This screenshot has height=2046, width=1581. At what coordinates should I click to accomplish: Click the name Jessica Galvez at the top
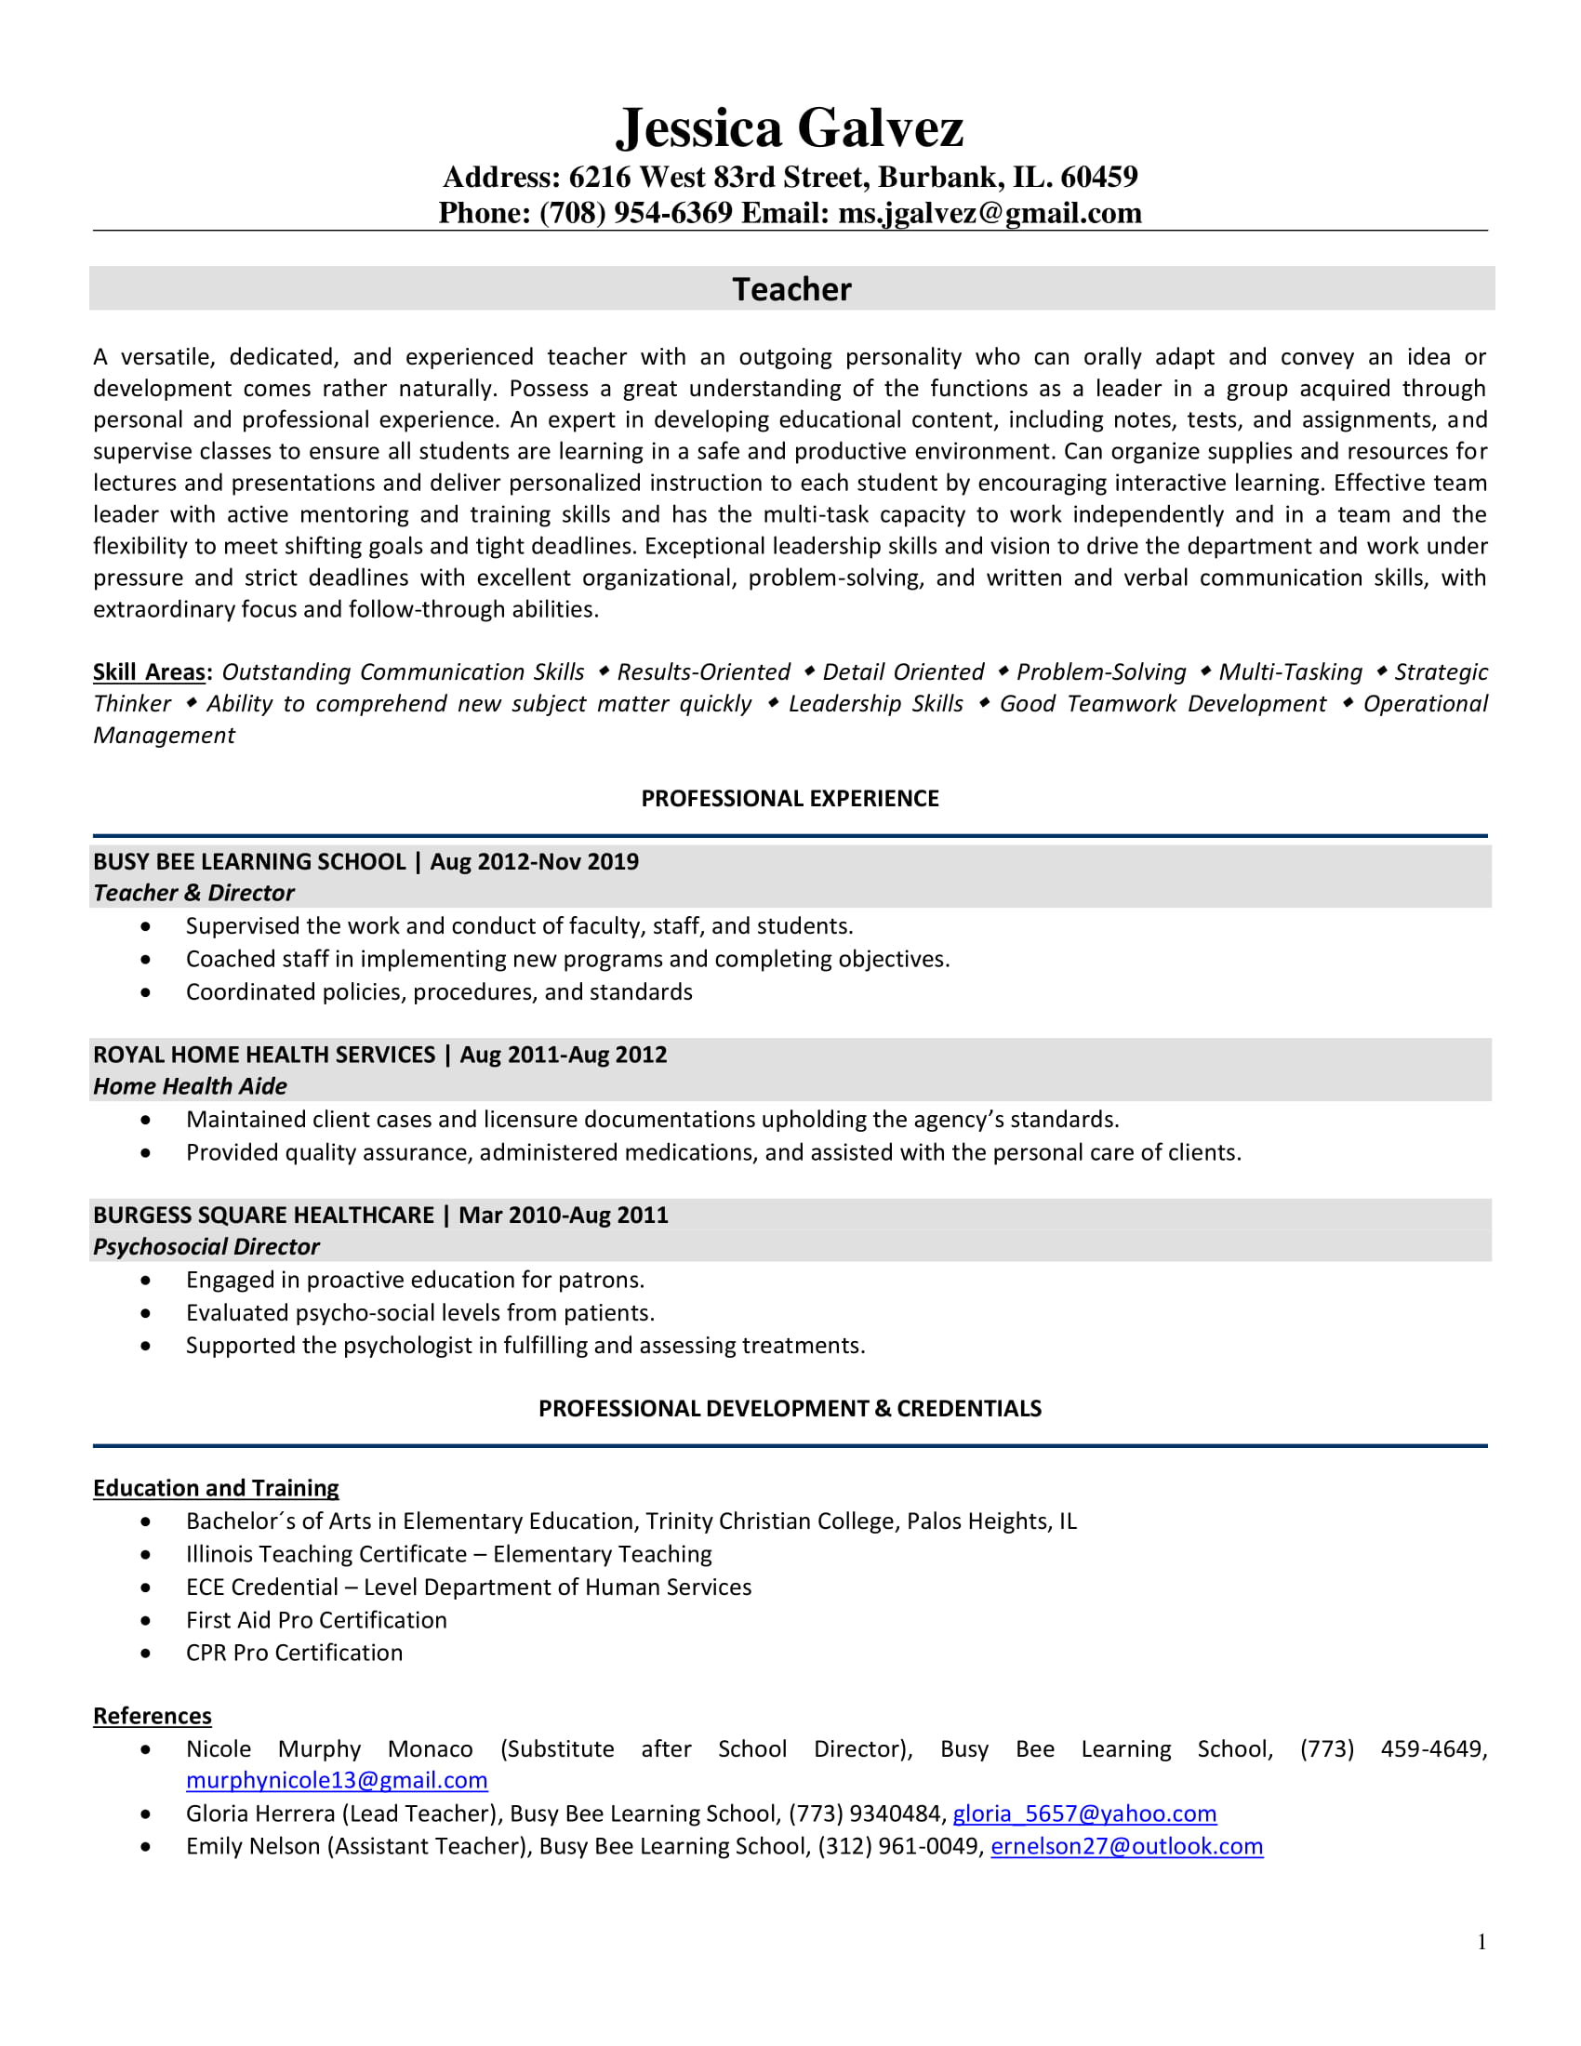(x=789, y=128)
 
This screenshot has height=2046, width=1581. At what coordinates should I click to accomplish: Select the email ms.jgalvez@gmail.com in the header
(x=990, y=214)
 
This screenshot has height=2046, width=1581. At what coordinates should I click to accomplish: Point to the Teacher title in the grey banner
(x=791, y=289)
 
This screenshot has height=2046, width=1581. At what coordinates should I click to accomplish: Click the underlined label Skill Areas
(x=149, y=671)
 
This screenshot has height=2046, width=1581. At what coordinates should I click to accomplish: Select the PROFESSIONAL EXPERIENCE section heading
(x=790, y=798)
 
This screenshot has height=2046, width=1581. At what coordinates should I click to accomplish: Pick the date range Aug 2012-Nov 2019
(x=534, y=862)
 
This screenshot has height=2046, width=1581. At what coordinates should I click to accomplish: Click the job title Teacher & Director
(x=193, y=893)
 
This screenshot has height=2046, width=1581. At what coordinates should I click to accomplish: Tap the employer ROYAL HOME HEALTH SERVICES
(x=263, y=1055)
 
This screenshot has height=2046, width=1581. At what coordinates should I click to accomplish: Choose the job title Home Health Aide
(x=189, y=1086)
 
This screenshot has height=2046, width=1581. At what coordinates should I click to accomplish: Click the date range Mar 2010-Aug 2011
(x=563, y=1216)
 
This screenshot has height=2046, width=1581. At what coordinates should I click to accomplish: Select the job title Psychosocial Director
(x=206, y=1247)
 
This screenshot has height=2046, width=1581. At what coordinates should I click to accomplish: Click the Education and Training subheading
(x=216, y=1489)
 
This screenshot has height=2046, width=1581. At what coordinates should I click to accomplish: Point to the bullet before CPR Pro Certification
(x=145, y=1654)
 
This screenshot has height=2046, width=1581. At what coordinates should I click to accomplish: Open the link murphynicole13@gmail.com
(x=337, y=1781)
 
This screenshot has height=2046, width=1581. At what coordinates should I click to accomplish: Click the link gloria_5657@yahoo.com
(x=1083, y=1813)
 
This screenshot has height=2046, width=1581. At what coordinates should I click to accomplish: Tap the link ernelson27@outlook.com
(x=1126, y=1846)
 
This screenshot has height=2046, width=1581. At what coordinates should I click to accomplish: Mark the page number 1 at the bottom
(x=1481, y=1942)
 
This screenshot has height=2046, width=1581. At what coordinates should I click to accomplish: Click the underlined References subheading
(x=152, y=1716)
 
